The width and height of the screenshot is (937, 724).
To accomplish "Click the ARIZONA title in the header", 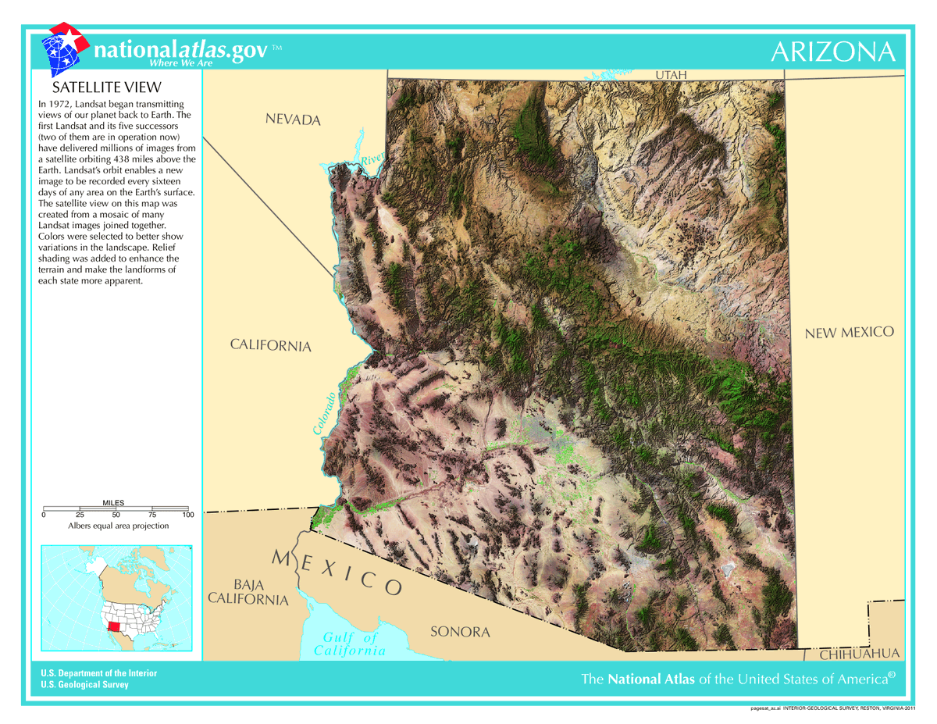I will pyautogui.click(x=832, y=52).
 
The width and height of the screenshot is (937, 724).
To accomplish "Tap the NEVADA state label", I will pyautogui.click(x=293, y=119).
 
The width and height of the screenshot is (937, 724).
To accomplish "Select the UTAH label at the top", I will pyautogui.click(x=671, y=75).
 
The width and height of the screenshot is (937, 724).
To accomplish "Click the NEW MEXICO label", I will pyautogui.click(x=849, y=333).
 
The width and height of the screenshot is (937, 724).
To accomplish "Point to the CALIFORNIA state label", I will pyautogui.click(x=270, y=345).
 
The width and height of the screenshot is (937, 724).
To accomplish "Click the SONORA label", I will pyautogui.click(x=460, y=632).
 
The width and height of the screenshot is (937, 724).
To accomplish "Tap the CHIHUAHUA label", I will pyautogui.click(x=860, y=654).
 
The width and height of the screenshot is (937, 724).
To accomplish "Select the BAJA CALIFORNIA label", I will pyautogui.click(x=248, y=592).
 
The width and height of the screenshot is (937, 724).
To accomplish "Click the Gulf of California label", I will pyautogui.click(x=350, y=644).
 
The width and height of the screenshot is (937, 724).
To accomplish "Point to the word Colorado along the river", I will pyautogui.click(x=326, y=412).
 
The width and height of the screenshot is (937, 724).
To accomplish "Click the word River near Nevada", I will pyautogui.click(x=372, y=159).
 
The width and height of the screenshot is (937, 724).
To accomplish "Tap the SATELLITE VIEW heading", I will pyautogui.click(x=106, y=87).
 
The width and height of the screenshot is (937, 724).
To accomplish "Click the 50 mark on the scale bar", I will pyautogui.click(x=116, y=515).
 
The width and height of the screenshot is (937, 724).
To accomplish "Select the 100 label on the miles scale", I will pyautogui.click(x=187, y=515).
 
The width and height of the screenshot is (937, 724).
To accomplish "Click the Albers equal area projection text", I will pyautogui.click(x=118, y=526).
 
